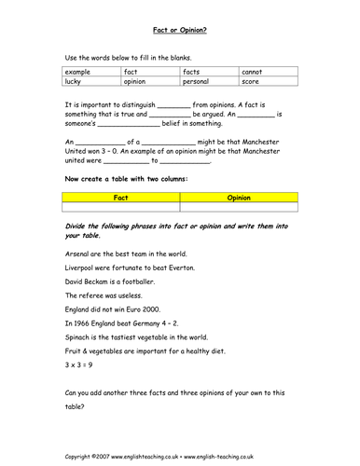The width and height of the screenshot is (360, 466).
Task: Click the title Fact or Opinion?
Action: click(180, 29)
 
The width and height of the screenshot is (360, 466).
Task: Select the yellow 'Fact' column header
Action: click(120, 198)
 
